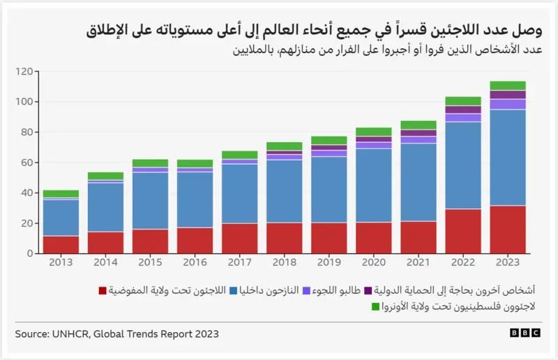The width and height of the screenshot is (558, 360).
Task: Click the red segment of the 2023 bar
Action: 507,230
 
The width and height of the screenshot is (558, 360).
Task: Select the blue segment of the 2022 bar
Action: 463,165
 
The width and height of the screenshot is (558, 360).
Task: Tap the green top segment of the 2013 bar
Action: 61,193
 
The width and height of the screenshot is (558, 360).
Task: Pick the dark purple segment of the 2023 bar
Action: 507,94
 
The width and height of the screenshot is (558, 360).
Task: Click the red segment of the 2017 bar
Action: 239,238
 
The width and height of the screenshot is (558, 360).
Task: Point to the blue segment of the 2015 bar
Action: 150,200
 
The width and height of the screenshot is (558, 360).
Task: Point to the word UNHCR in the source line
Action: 69,333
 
